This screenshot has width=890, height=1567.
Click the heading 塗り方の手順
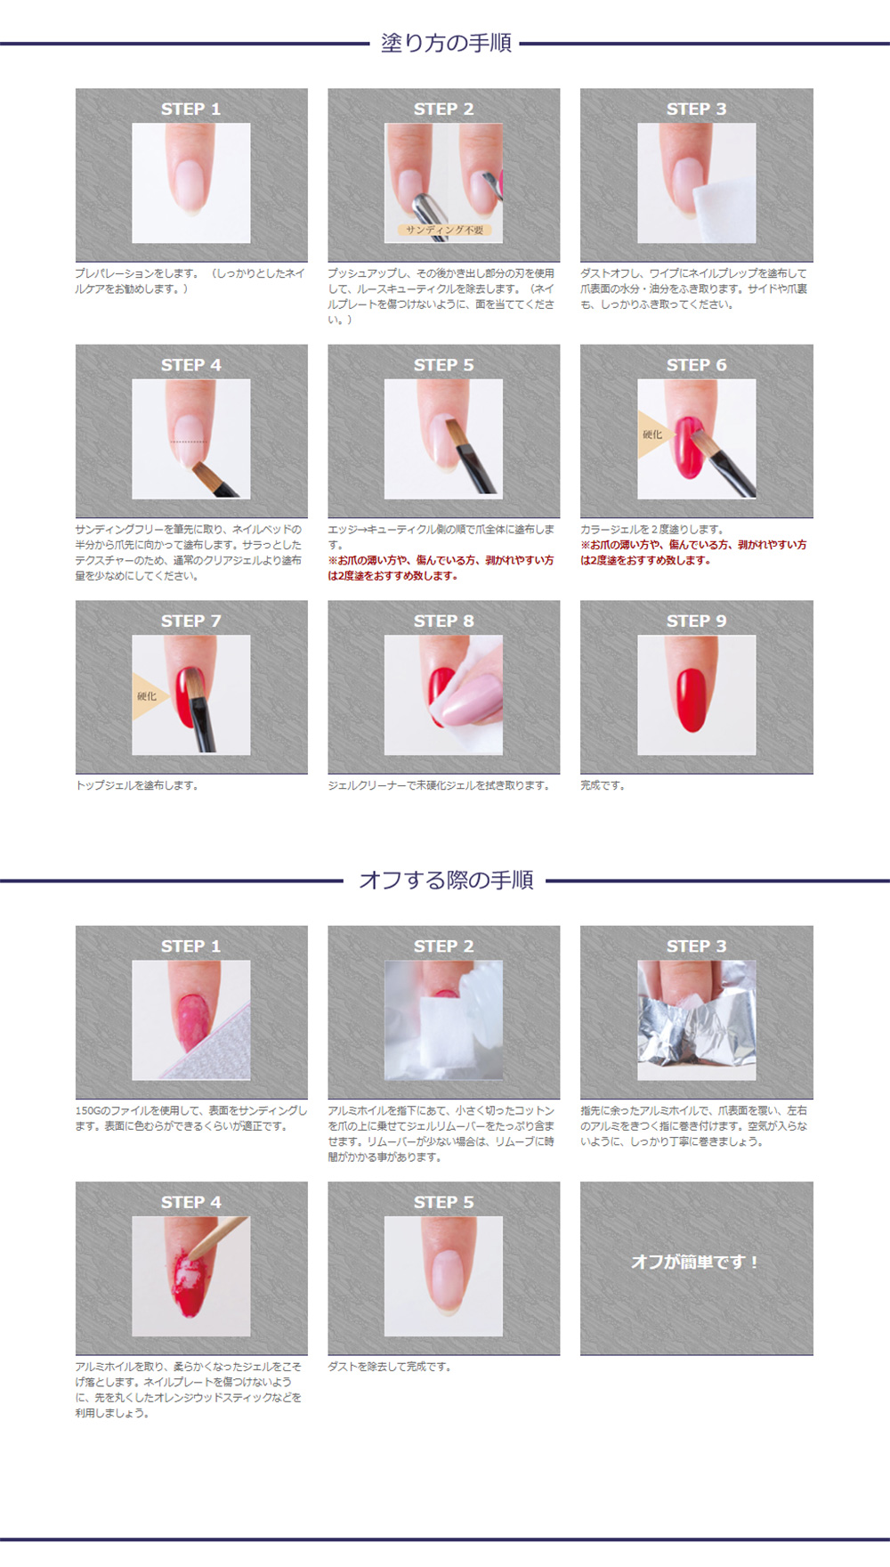[x=446, y=43]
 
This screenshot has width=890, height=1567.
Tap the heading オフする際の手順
[x=446, y=881]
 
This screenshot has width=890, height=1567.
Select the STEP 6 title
[x=696, y=365]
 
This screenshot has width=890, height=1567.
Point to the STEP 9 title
[x=696, y=621]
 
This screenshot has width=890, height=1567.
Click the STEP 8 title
[x=443, y=621]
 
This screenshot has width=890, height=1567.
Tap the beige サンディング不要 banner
[x=444, y=230]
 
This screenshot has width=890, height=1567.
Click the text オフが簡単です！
[x=695, y=1262]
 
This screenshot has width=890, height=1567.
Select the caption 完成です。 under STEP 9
[x=603, y=785]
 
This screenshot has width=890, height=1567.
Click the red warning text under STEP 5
[x=441, y=568]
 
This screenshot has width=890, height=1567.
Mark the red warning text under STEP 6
[x=693, y=552]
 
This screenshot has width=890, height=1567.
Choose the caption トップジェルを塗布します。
[x=137, y=785]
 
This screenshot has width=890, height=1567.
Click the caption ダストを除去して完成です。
[x=390, y=1367]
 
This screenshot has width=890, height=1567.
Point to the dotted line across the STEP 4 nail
[x=188, y=442]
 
